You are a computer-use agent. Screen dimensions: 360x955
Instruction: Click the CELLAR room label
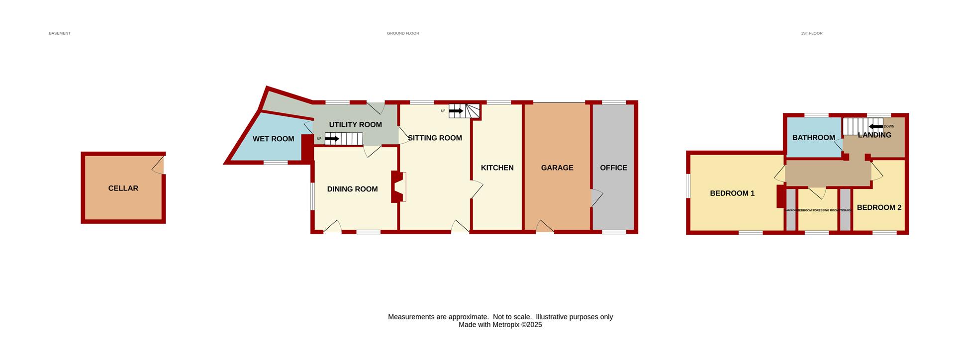123,188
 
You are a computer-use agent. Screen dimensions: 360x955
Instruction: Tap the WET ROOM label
273,139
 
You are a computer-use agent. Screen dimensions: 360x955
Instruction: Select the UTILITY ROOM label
355,125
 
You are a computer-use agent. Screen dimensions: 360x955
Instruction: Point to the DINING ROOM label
352,189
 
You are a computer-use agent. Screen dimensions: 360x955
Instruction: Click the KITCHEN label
497,168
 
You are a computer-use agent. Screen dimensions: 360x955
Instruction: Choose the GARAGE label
557,168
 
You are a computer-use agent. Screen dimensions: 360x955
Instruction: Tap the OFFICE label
613,168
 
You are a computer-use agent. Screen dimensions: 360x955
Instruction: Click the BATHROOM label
813,138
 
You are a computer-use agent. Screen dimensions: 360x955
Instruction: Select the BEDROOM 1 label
732,193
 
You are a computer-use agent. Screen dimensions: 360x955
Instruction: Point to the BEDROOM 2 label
879,208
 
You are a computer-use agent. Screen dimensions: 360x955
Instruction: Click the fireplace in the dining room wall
398,187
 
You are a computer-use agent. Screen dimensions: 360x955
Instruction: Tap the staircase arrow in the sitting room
456,111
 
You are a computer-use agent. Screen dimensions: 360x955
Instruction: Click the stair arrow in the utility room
332,139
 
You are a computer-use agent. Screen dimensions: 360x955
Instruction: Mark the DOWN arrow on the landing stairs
876,126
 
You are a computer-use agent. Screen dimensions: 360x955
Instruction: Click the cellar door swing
159,166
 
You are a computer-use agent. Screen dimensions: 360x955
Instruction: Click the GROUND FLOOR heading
403,33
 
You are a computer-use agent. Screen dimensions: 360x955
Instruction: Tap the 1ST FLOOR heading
811,33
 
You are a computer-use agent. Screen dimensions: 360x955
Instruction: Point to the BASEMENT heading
60,33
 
